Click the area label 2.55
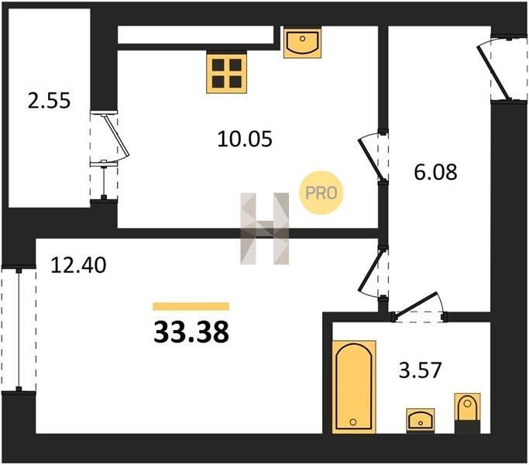(49, 101)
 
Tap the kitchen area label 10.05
(245, 139)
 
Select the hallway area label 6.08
(435, 172)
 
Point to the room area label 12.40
(78, 265)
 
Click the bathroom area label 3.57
(420, 370)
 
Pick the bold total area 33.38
(191, 332)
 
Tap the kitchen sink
(302, 43)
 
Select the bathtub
(354, 387)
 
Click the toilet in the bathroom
(467, 413)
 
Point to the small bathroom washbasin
(421, 420)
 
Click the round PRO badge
(321, 193)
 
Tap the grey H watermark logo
(265, 229)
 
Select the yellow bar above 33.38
(191, 306)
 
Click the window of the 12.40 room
(19, 330)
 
